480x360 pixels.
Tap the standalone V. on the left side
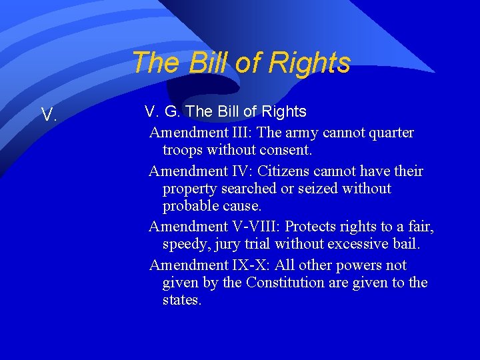pos(48,115)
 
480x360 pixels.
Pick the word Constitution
pos(285,283)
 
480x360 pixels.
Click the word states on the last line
pos(181,300)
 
